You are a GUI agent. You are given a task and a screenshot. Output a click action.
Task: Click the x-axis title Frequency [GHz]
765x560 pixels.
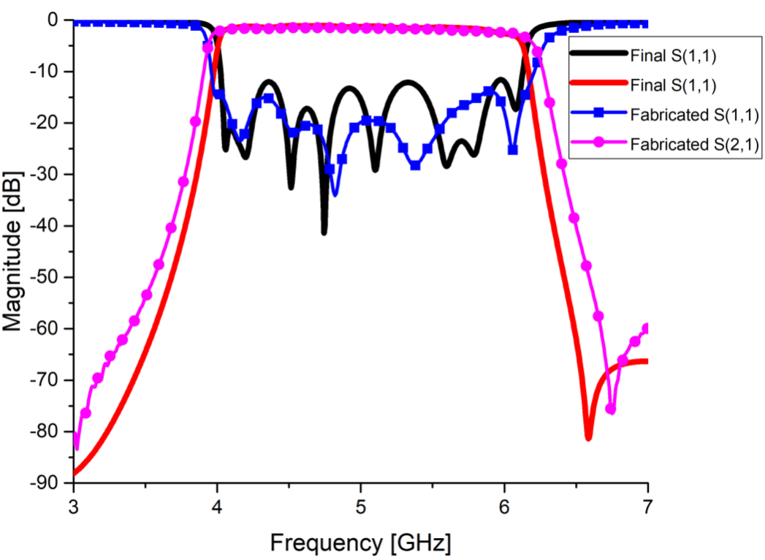(360, 542)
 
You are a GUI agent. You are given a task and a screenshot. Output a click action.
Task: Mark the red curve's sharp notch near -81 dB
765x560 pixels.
(588, 436)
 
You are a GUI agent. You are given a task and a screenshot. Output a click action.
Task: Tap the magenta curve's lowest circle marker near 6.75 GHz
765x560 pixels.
(611, 409)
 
